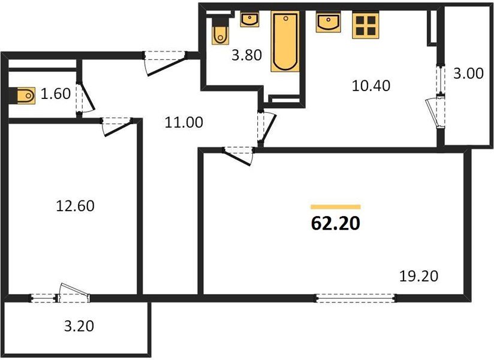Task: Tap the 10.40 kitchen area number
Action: point(371,86)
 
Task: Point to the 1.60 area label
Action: point(55,94)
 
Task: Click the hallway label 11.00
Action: point(183,123)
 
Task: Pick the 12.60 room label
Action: point(74,206)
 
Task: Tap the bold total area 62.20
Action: point(335,224)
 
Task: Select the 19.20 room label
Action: point(419,276)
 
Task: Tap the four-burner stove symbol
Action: point(365,25)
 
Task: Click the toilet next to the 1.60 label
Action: point(25,94)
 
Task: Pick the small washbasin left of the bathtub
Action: point(249,20)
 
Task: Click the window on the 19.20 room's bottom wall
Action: point(356,296)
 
